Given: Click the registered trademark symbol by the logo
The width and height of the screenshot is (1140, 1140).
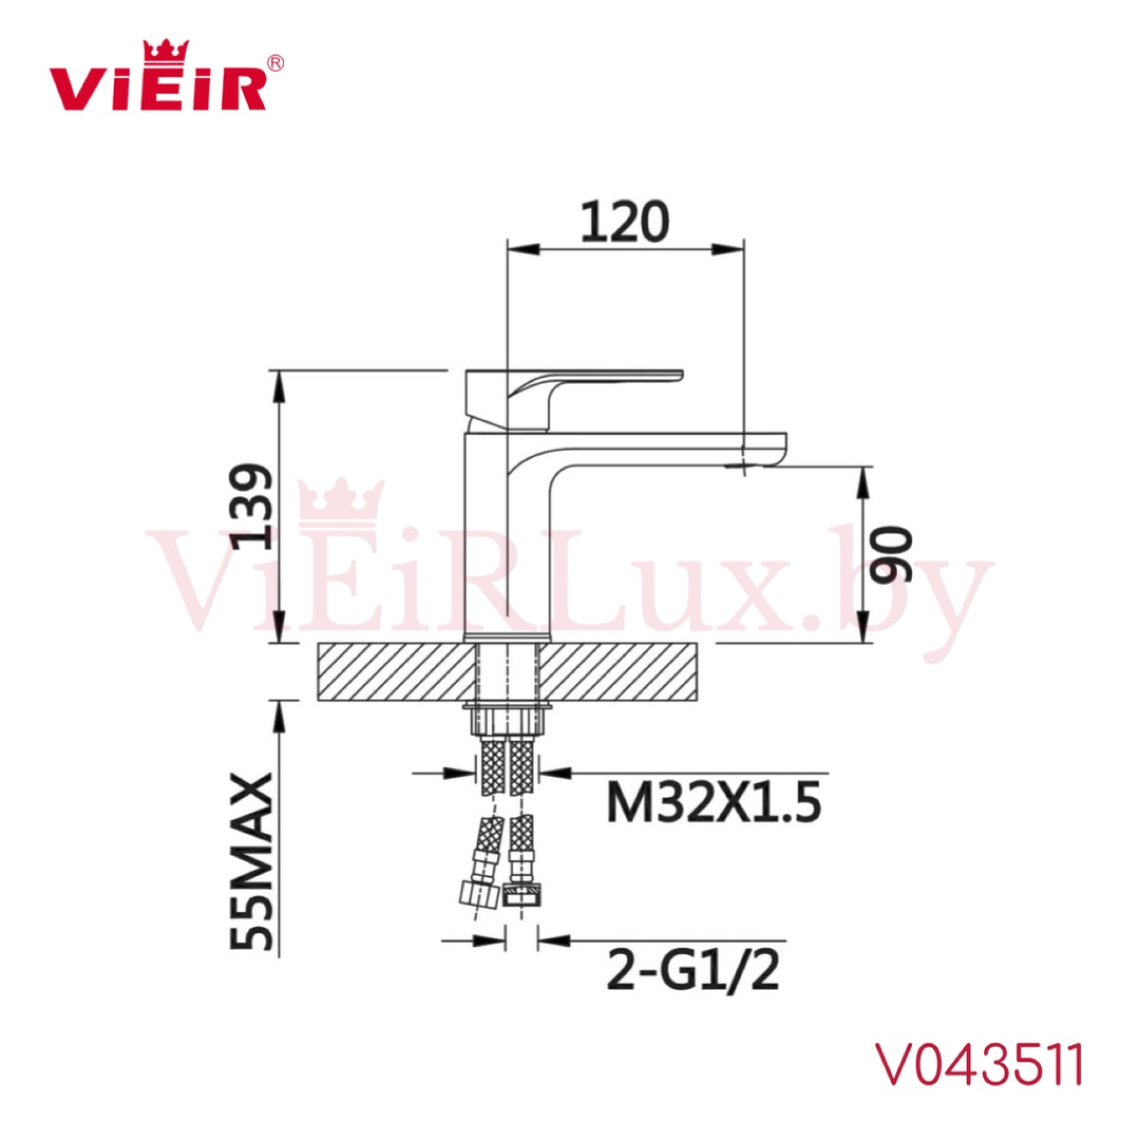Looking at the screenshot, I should click(275, 63).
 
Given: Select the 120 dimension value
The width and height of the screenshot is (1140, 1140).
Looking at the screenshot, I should click(625, 222).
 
